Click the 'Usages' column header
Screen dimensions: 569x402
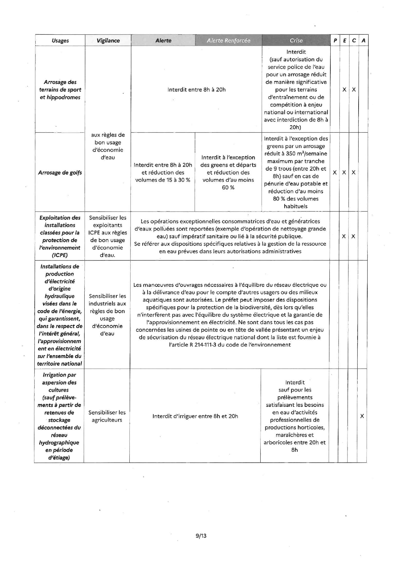[x=60, y=41]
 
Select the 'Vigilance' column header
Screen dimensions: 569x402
[x=108, y=41]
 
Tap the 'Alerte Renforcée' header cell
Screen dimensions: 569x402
[x=229, y=41]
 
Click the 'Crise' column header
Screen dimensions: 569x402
[x=296, y=41]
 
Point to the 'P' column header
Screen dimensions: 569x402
[x=335, y=41]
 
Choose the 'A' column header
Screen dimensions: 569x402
[x=363, y=41]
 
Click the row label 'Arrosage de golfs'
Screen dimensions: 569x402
[x=60, y=173]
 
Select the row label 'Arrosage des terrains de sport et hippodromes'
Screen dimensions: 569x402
[x=60, y=90]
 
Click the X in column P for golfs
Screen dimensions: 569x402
[x=335, y=173]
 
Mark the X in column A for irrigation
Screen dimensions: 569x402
[x=362, y=416]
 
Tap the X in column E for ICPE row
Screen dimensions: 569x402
[x=344, y=236]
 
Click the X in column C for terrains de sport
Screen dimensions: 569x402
[x=354, y=90]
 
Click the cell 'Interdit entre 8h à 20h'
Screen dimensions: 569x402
[x=196, y=90]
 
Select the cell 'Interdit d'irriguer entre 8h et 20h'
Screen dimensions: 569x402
[x=195, y=416]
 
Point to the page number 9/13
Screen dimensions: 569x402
[x=201, y=536]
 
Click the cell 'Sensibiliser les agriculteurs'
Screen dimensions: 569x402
[x=107, y=416]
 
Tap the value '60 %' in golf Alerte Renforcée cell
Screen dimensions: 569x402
[x=228, y=188]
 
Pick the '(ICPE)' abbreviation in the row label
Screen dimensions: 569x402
[x=60, y=255]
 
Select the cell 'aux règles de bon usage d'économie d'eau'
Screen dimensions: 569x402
[x=108, y=146]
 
